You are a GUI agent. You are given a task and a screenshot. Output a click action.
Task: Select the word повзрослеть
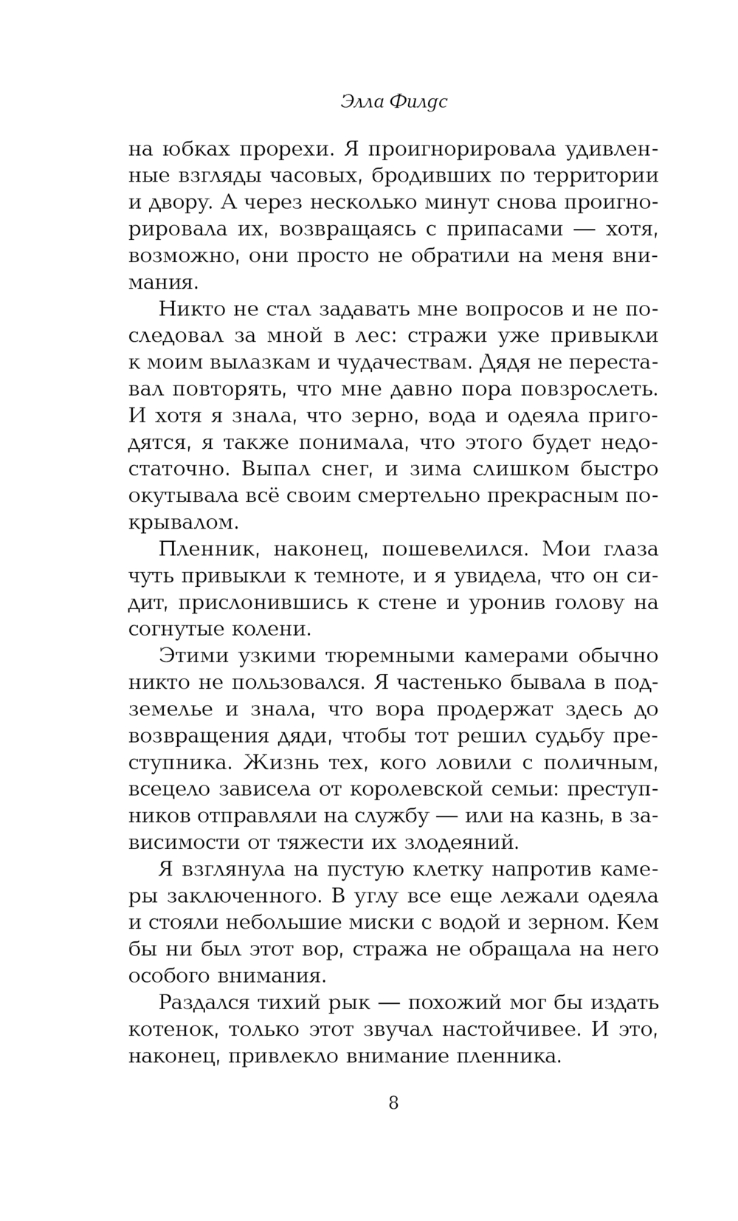pyautogui.click(x=576, y=389)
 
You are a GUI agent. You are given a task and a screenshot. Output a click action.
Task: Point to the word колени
pyautogui.click(x=264, y=629)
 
